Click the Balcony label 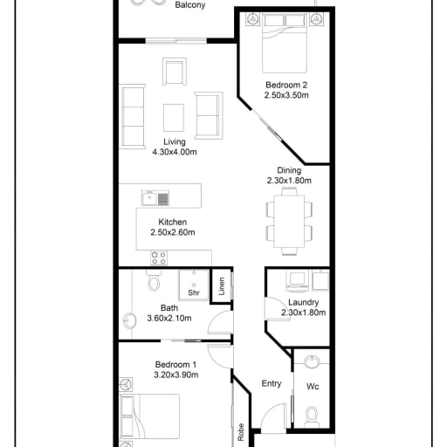pos(190,5)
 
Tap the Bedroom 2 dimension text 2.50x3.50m pos(286,95)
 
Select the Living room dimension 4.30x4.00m pos(175,152)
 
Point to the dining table pos(289,222)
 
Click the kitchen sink pos(155,198)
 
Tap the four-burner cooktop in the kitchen pos(159,258)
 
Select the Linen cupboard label pos(222,286)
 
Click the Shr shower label pos(194,292)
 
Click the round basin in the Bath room pos(130,321)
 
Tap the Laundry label pos(304,302)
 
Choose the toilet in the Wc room pos(312,416)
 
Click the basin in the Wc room pos(312,361)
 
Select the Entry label pos(272,383)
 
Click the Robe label pos(241,432)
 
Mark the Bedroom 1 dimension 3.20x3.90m pos(176,375)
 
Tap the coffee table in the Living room pos(174,118)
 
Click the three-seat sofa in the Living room pos(133,117)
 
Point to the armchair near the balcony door pos(175,72)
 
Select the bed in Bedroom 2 pos(285,43)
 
